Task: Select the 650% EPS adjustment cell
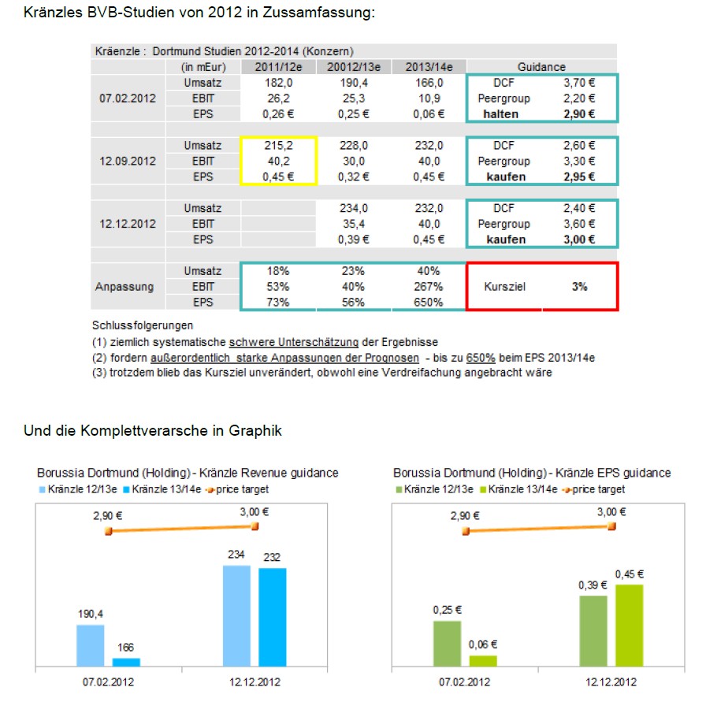429,302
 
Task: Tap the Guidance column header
541,67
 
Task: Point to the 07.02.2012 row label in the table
128,98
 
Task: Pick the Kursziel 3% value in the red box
579,287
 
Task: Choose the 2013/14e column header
429,67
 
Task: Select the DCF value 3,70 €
579,83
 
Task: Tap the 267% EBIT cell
429,287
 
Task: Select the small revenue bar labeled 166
125,662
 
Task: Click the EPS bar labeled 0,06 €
483,661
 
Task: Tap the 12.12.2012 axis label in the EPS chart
611,682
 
